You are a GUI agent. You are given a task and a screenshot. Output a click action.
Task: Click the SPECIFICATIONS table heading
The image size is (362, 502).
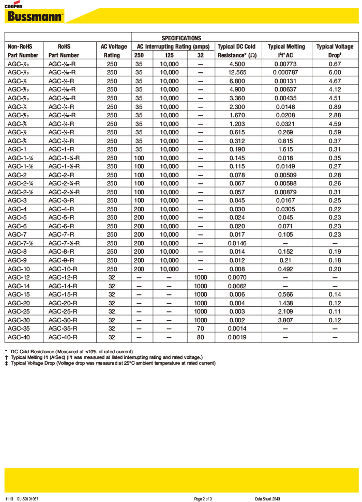pyautogui.click(x=181, y=38)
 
